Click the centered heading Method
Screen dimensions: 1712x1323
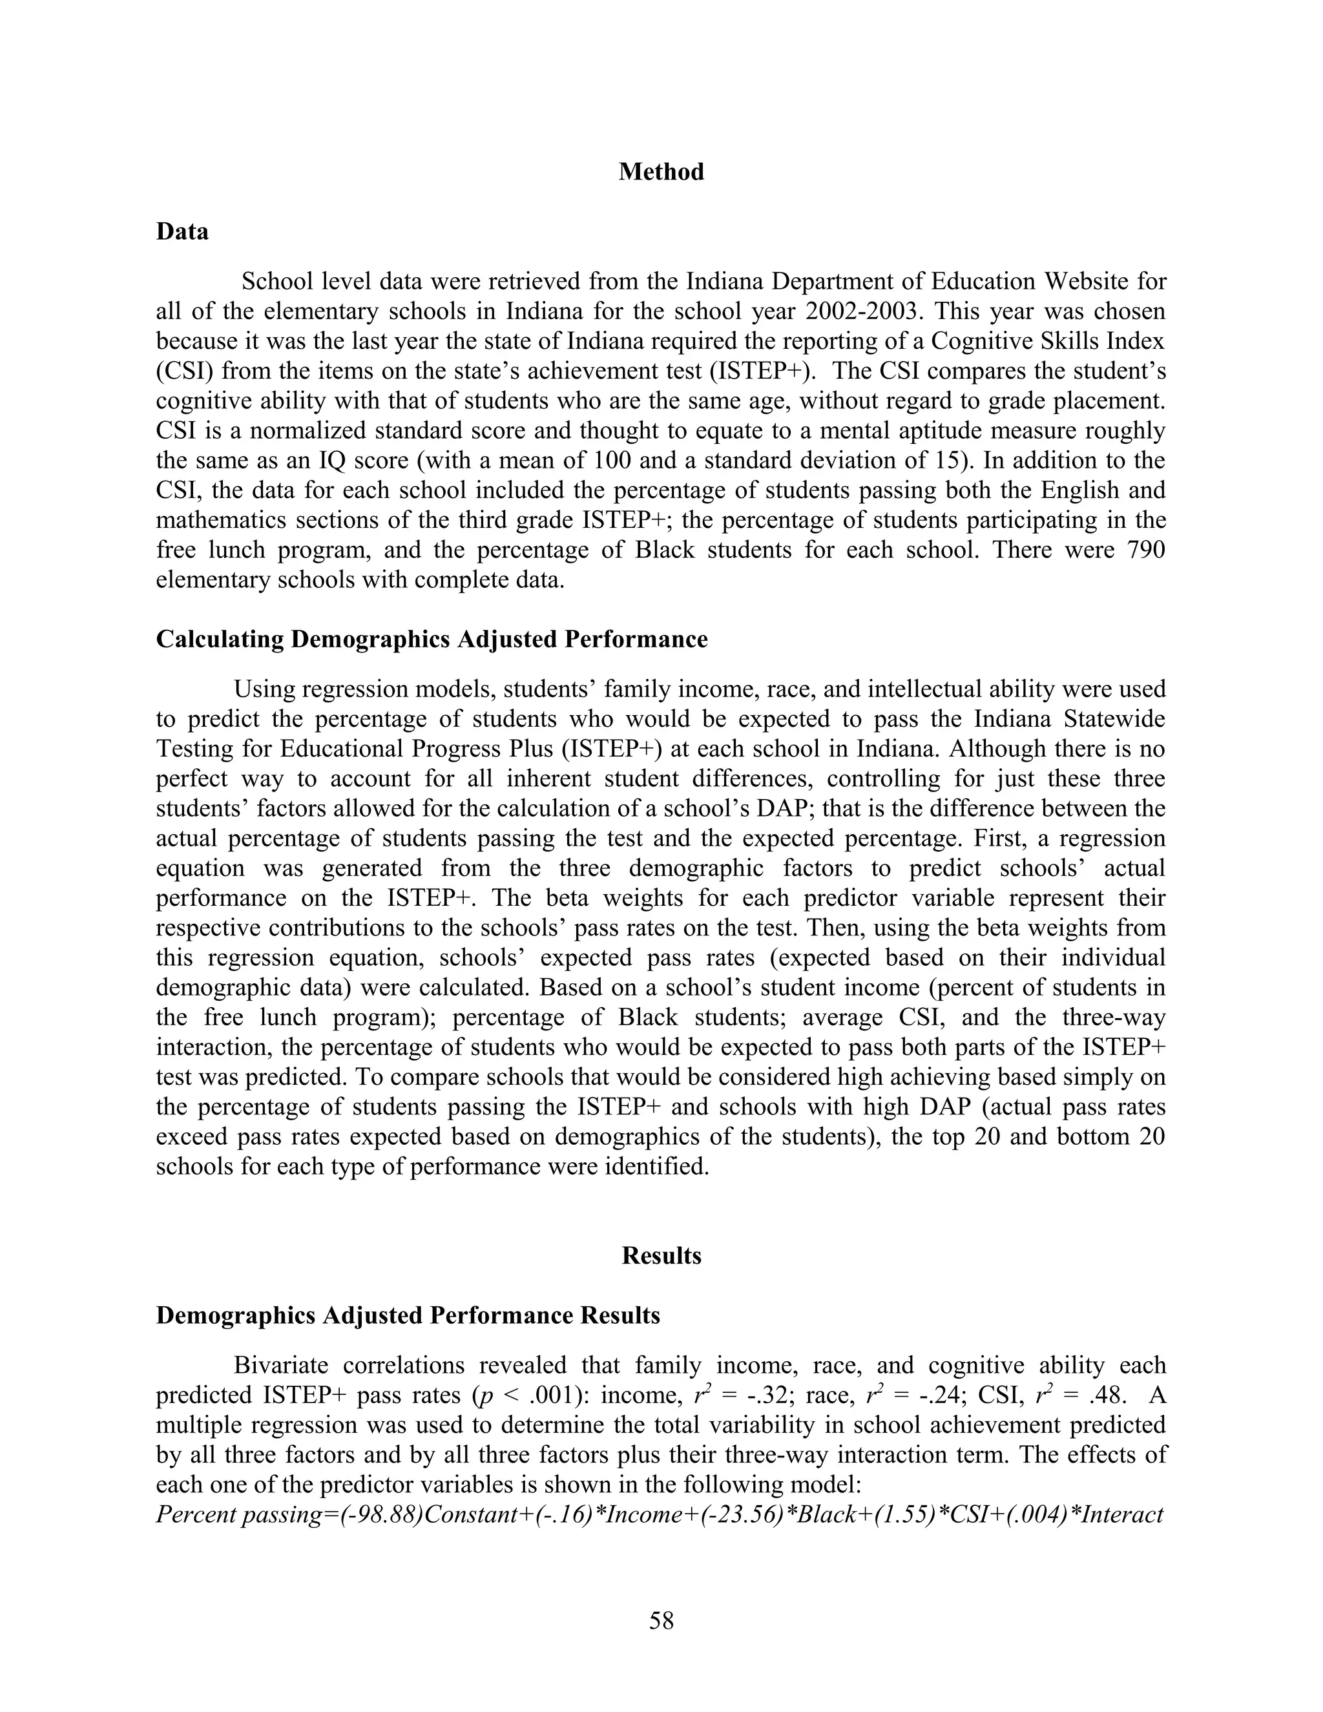tap(661, 172)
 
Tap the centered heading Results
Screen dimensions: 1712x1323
tap(661, 1256)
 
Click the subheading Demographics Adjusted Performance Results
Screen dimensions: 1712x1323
tap(408, 1315)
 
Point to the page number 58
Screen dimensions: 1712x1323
tap(661, 1620)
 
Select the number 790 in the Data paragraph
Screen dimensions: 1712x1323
tap(1145, 550)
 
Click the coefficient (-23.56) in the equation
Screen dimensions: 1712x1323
tap(742, 1515)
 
